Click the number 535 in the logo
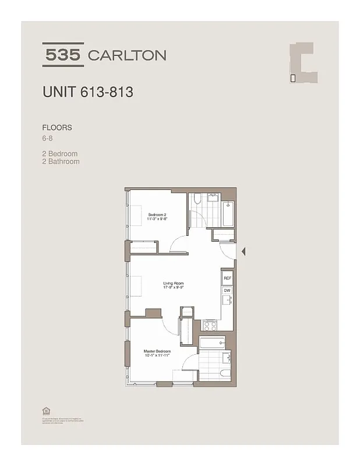click(63, 55)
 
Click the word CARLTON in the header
click(126, 55)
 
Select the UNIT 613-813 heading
click(87, 92)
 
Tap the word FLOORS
click(57, 127)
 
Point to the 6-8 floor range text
click(48, 138)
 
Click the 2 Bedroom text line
click(60, 154)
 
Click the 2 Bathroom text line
click(61, 161)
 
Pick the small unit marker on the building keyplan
click(293, 77)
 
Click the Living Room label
click(174, 285)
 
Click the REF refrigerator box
click(227, 278)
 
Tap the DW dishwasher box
click(227, 291)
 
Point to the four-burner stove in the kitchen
click(210, 325)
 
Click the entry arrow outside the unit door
click(244, 252)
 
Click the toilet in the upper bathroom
click(197, 200)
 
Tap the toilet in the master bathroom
click(224, 373)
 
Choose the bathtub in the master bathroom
click(212, 343)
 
